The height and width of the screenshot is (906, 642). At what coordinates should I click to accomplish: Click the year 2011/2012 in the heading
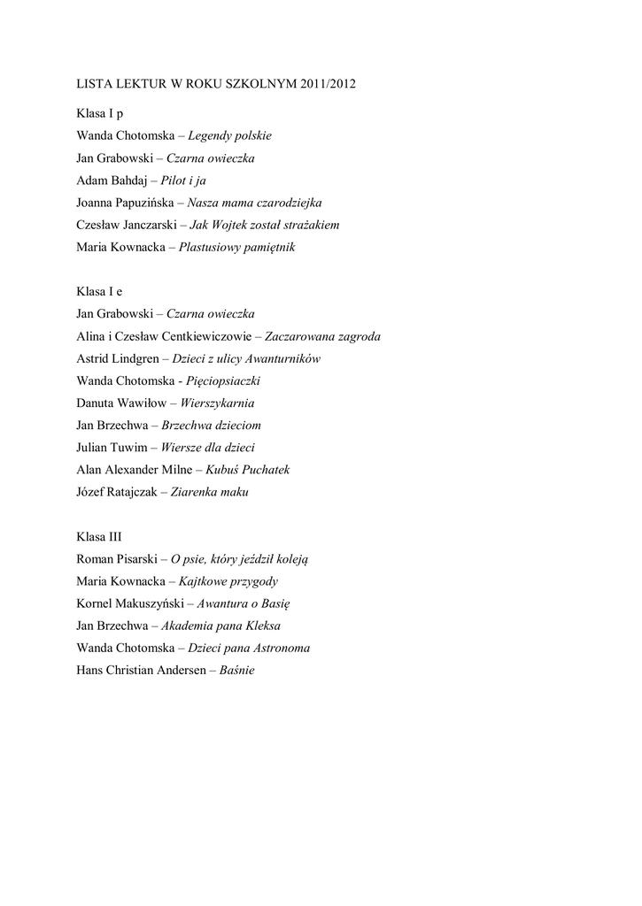coord(328,85)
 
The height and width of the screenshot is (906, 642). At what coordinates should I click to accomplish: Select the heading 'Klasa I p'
coord(100,114)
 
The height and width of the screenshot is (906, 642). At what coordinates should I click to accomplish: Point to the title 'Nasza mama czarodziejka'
coord(254,203)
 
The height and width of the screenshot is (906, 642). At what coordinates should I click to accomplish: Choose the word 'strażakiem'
coord(310,225)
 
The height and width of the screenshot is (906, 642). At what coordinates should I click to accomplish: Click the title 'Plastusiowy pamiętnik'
coord(236,247)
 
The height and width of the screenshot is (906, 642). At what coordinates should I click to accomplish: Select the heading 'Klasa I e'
coord(99,292)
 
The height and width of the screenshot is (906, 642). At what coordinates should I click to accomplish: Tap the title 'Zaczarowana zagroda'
coord(322,336)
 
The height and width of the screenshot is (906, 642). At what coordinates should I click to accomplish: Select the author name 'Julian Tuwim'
coord(110,448)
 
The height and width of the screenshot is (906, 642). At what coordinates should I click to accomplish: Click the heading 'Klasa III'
coord(99,536)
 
